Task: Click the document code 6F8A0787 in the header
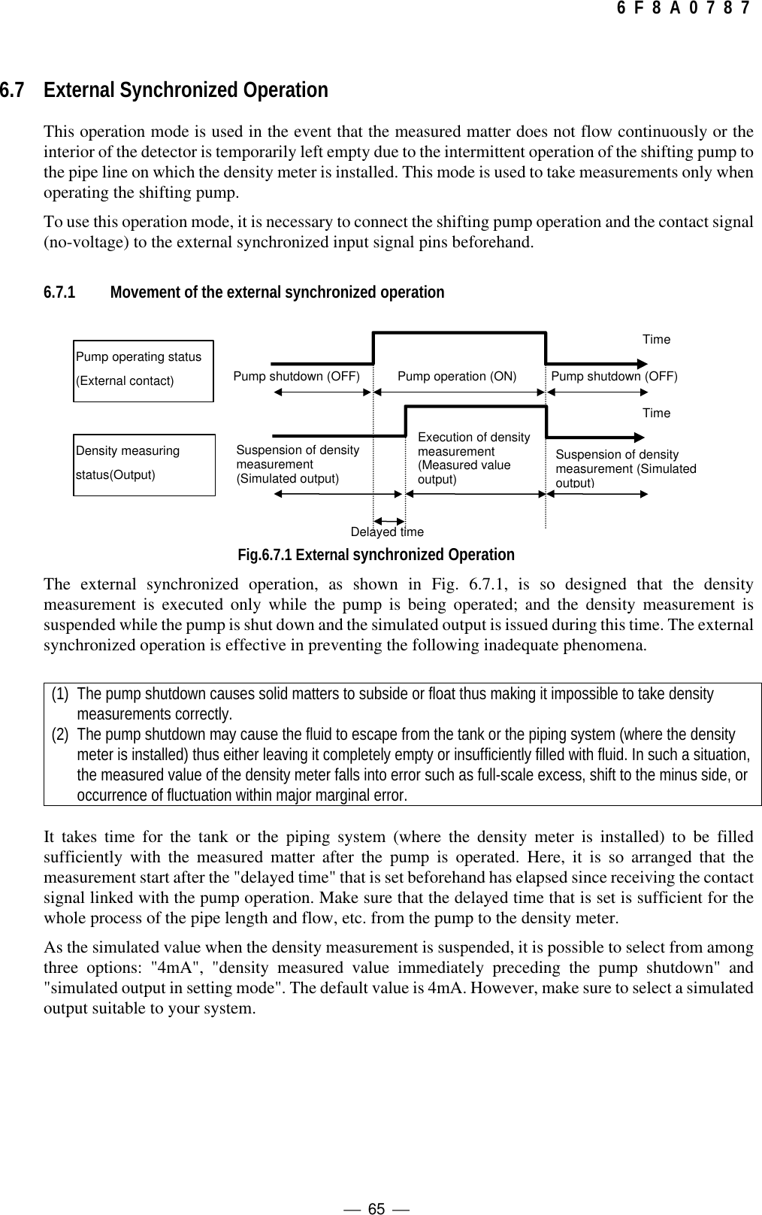click(682, 9)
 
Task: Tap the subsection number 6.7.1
click(59, 292)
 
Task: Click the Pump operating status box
click(143, 368)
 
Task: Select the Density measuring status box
click(144, 464)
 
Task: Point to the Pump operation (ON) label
click(456, 376)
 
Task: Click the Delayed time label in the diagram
click(387, 532)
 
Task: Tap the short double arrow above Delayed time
click(389, 520)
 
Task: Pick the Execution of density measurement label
click(473, 458)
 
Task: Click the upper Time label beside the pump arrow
click(656, 340)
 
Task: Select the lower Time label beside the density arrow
click(656, 414)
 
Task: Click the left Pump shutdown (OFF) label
click(297, 376)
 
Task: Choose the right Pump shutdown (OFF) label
click(614, 376)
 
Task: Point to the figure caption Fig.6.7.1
click(376, 555)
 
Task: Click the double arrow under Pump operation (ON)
click(458, 392)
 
